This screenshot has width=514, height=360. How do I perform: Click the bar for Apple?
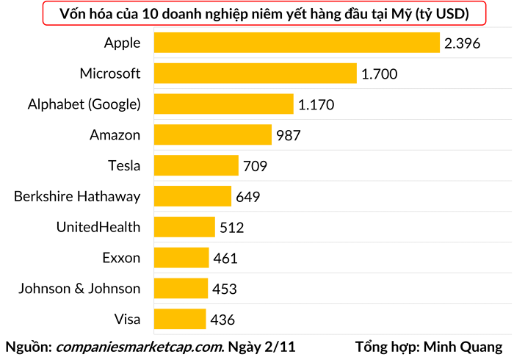[x=296, y=43]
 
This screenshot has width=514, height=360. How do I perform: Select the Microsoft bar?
[x=255, y=73]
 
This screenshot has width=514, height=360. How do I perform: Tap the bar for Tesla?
[x=196, y=165]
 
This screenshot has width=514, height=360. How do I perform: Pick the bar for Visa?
[x=180, y=319]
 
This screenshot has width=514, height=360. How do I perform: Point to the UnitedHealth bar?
[x=184, y=227]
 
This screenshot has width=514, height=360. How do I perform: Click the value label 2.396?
[x=462, y=43]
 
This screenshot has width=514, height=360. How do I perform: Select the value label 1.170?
[x=316, y=105]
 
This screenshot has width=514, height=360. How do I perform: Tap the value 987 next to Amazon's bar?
[x=289, y=135]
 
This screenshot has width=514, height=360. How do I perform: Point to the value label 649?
[x=248, y=197]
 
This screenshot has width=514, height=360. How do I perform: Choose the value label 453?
[x=225, y=289]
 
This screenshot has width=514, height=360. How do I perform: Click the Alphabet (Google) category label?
[x=84, y=104]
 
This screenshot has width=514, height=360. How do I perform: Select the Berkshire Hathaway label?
[x=77, y=196]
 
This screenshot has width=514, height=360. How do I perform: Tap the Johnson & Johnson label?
[x=79, y=288]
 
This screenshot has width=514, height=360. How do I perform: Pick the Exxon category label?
[x=121, y=257]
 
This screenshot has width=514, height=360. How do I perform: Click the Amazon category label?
[x=115, y=135]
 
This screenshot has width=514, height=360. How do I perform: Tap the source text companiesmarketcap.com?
[x=140, y=345]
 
